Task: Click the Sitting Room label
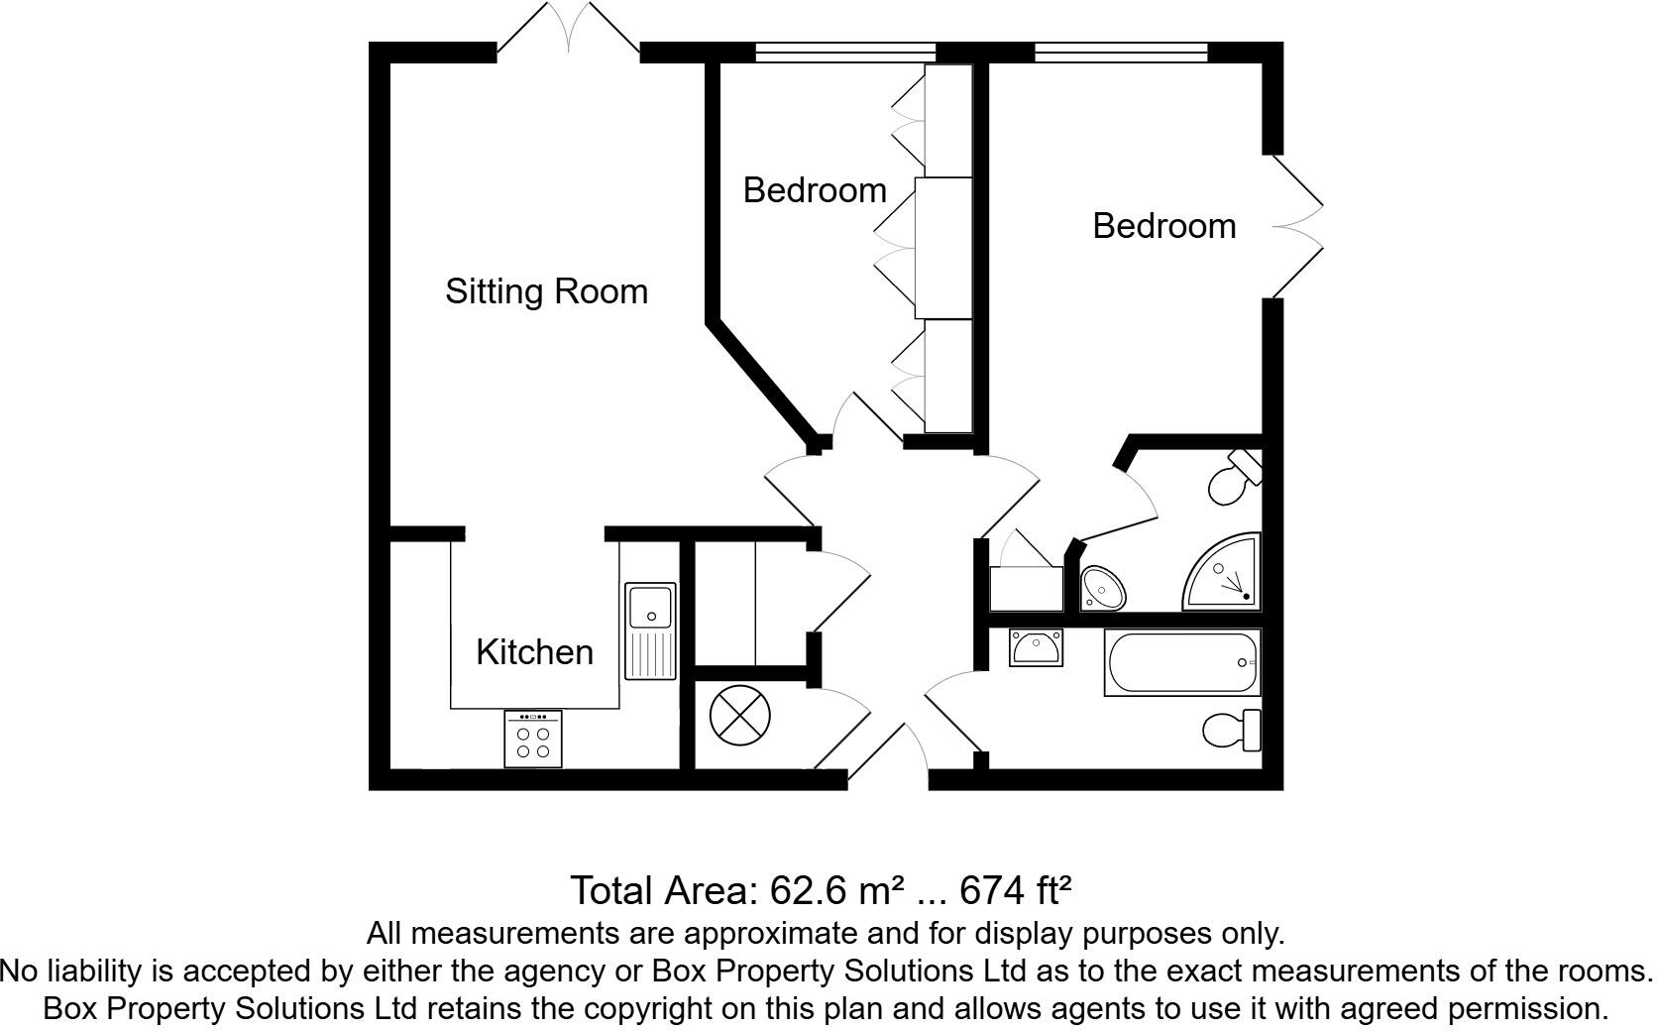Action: tap(546, 291)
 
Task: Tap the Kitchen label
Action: tap(534, 652)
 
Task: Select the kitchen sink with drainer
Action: tap(650, 631)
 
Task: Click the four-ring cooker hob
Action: tap(532, 740)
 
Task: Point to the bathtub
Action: tap(1181, 663)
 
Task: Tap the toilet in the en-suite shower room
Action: tap(1234, 478)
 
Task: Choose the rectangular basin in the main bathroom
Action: tap(1036, 648)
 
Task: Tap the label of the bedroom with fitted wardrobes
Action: tap(815, 190)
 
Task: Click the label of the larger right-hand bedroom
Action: tap(1163, 226)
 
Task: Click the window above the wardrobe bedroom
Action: tap(845, 53)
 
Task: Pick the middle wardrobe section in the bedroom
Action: tap(942, 248)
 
